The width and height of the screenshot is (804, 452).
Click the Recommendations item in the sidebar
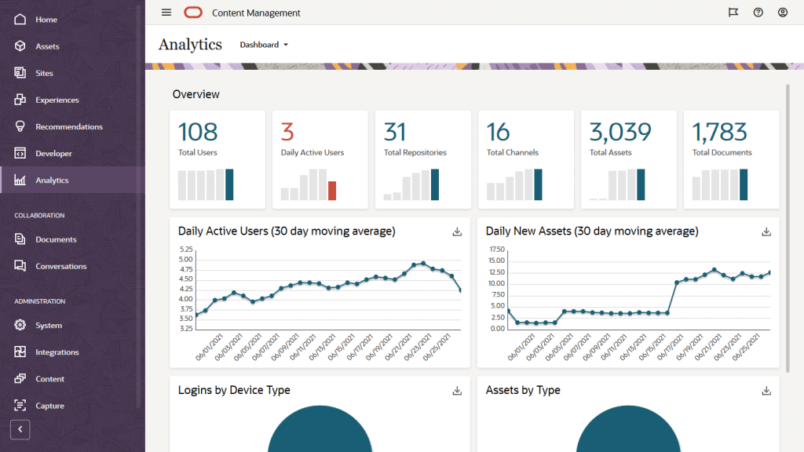click(x=68, y=126)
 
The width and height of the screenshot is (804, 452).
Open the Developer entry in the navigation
click(x=53, y=153)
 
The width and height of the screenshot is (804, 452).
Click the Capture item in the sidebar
click(x=49, y=406)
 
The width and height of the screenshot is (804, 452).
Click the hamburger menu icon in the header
click(x=166, y=13)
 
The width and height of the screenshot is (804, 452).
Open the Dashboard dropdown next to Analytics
click(x=264, y=45)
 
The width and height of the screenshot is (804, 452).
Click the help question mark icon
click(x=758, y=13)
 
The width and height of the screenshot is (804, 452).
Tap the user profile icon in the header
click(x=783, y=13)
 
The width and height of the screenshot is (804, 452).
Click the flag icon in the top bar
click(x=733, y=13)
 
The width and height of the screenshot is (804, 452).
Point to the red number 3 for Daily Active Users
click(x=287, y=131)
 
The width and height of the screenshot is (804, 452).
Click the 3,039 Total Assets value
click(x=620, y=131)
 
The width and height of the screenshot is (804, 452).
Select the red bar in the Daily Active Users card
click(x=332, y=191)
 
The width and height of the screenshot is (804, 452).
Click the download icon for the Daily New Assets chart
click(x=766, y=231)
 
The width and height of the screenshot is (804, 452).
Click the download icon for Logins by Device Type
click(x=458, y=391)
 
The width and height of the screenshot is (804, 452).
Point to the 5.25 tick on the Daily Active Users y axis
click(x=186, y=249)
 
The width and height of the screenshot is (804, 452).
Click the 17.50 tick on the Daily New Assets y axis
click(x=496, y=249)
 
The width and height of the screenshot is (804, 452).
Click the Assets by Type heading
click(x=523, y=390)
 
